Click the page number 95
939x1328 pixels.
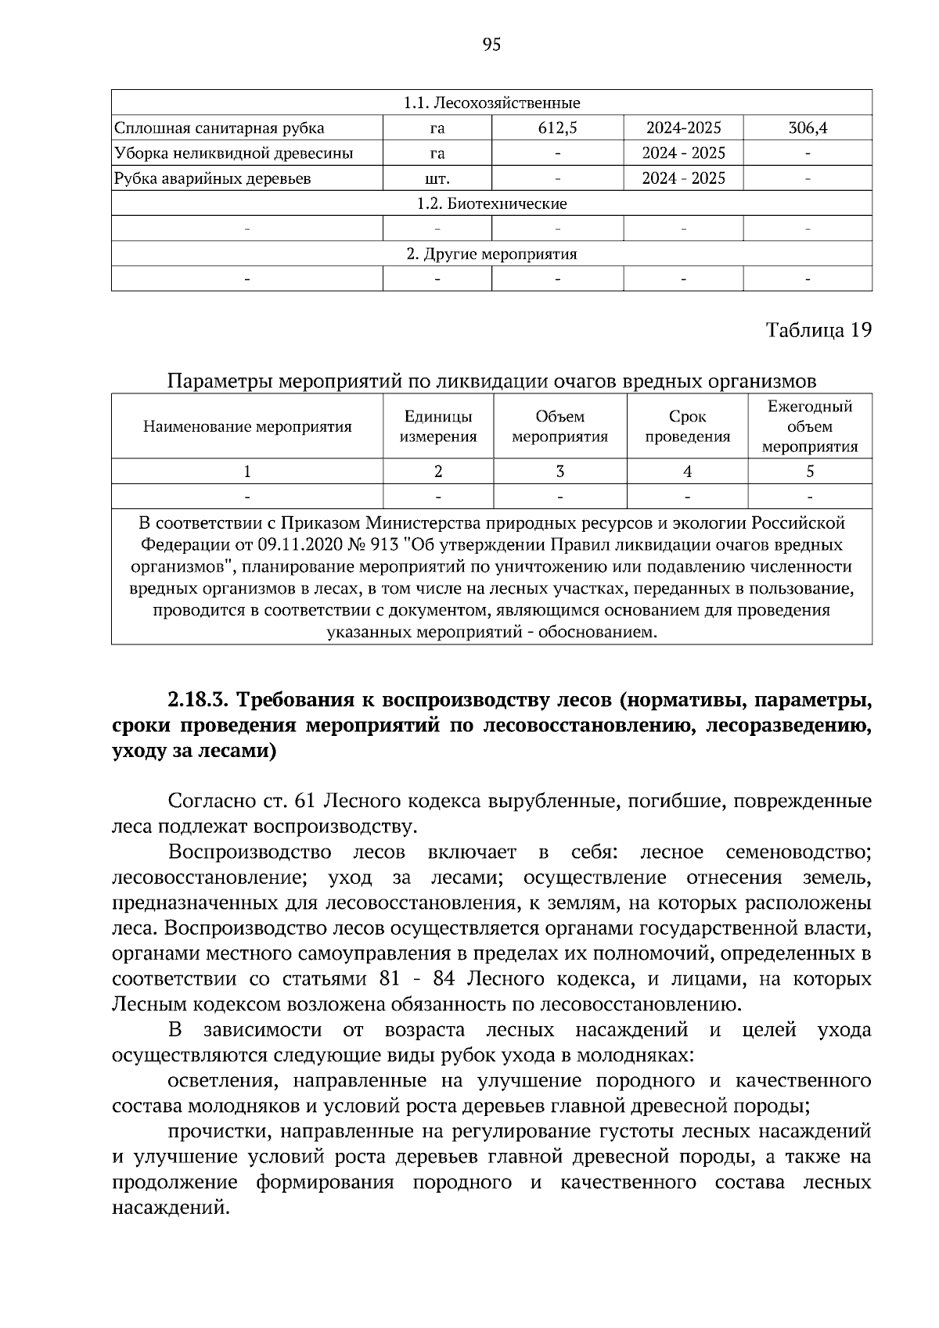tap(491, 45)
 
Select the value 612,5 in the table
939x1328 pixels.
tap(557, 128)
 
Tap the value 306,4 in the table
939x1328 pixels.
tap(808, 128)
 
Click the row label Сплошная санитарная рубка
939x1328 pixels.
tap(219, 128)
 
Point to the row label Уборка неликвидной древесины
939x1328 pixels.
tap(233, 153)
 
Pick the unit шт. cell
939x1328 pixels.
tap(437, 179)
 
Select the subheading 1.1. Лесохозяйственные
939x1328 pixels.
tap(491, 103)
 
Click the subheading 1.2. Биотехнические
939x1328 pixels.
tap(491, 204)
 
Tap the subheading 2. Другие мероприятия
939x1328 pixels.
tap(491, 254)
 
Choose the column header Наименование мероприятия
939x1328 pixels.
tap(247, 427)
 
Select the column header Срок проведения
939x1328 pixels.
tap(687, 427)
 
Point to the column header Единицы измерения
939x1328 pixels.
tap(438, 427)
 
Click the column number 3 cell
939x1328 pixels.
tap(559, 472)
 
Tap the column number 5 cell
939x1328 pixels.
tap(810, 472)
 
